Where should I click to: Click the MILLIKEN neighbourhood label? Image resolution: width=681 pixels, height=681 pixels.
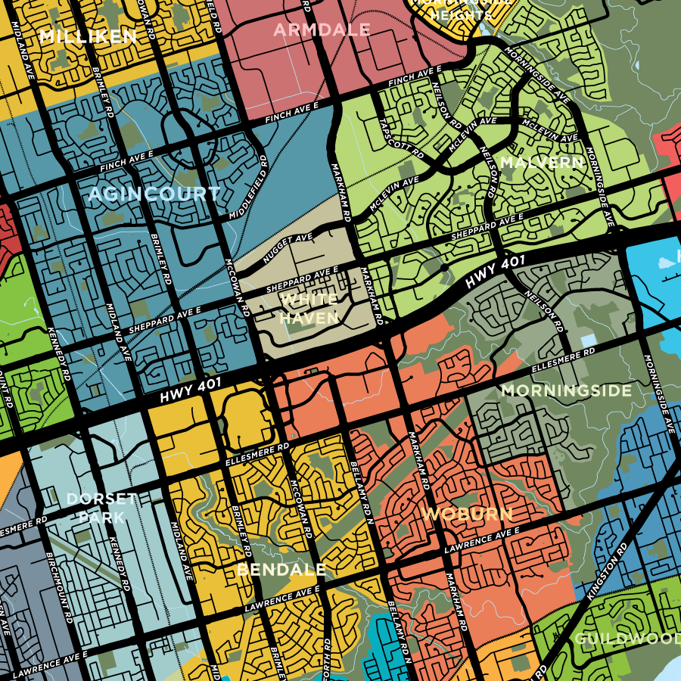coord(89,36)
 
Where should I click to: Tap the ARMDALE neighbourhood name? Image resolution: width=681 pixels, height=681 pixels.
coord(322,30)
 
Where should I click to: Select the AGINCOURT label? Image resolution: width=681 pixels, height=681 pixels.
coord(154,194)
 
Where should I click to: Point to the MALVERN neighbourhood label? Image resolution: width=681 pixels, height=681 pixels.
coord(541,163)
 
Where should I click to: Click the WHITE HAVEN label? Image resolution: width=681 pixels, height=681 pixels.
coord(309,309)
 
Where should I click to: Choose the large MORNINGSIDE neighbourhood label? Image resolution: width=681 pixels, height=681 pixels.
coord(566,390)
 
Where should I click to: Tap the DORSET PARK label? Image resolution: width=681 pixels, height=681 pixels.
coord(101,508)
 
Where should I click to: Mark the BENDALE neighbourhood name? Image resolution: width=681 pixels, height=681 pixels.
coord(281,569)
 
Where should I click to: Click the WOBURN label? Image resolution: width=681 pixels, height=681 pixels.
coord(467,515)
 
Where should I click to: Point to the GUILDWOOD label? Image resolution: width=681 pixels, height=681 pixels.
coord(627,639)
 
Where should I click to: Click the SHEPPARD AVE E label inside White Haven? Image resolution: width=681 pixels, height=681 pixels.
coord(302,281)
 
